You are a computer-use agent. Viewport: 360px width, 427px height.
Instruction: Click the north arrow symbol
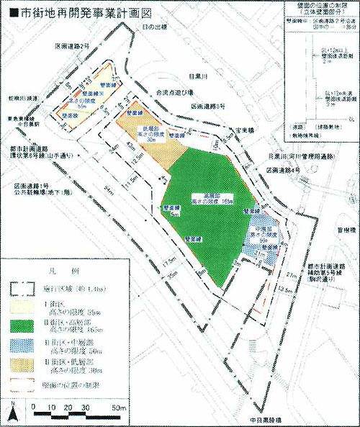tap(12, 413)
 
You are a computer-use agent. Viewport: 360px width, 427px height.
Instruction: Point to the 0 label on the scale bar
tap(35, 407)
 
